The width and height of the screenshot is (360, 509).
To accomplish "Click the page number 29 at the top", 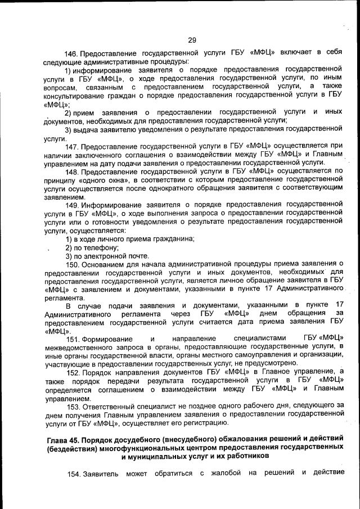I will [191, 40].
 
